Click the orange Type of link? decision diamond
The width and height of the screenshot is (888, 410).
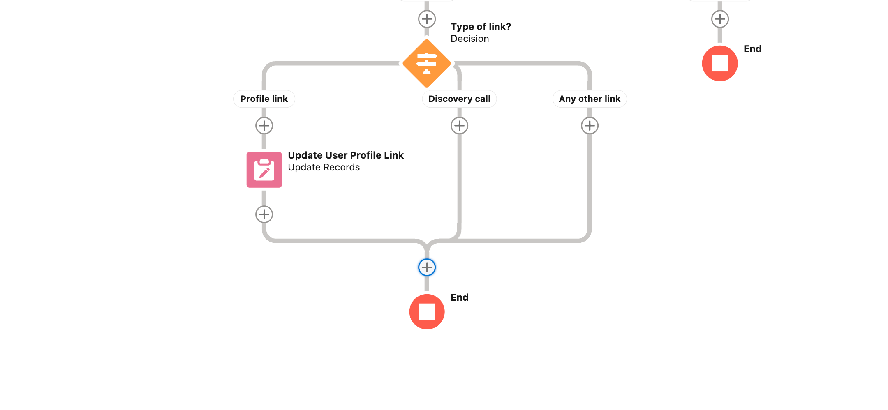click(427, 64)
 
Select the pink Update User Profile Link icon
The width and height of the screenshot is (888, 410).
click(264, 170)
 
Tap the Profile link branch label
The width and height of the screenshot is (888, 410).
click(264, 99)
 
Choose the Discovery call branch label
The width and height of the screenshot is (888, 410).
click(459, 99)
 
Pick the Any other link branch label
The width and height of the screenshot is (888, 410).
click(590, 99)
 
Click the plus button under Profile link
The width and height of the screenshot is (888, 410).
click(264, 126)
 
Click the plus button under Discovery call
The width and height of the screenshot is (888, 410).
click(459, 126)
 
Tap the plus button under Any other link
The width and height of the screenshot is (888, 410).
click(590, 126)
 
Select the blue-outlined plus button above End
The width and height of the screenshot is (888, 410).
click(427, 267)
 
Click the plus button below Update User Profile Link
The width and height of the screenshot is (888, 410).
click(264, 214)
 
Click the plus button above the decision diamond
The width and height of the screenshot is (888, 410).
click(427, 19)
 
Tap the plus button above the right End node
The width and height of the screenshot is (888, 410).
click(720, 19)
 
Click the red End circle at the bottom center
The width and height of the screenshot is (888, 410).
click(427, 312)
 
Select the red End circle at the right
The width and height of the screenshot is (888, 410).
click(720, 64)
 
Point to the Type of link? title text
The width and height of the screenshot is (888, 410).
click(481, 27)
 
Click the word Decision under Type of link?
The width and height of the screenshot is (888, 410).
click(469, 39)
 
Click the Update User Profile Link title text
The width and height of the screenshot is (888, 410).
click(345, 155)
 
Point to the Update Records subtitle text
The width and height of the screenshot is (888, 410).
click(324, 167)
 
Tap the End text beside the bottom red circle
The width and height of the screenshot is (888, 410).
click(459, 297)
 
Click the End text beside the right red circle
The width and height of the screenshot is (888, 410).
click(752, 49)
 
